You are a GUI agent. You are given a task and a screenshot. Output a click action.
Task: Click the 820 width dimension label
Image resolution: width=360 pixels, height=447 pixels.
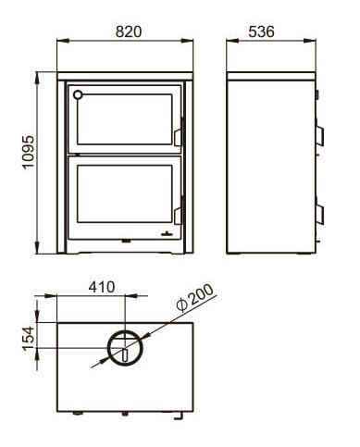coord(129,31)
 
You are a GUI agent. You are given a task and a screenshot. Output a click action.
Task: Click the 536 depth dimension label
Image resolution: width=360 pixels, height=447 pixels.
coord(261,31)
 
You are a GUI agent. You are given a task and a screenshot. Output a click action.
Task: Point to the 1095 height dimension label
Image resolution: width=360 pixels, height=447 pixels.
coord(29,152)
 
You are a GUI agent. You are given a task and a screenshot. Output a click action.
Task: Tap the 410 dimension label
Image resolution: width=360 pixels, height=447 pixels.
coord(102,287)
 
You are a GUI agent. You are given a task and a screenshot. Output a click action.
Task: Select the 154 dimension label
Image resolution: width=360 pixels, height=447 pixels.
coord(29,339)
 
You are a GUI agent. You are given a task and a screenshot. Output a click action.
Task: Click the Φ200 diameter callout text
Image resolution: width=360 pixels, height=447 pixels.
coord(195,298)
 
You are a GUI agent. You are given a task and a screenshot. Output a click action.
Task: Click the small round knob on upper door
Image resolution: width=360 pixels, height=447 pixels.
coord(78,94)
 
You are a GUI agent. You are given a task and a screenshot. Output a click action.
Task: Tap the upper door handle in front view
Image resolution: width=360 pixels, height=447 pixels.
coord(178,138)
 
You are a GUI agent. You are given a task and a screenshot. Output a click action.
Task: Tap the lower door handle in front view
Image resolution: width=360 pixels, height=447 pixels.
coord(178,217)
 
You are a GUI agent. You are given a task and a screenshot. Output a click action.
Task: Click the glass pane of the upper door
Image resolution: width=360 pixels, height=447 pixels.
coord(125,119)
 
